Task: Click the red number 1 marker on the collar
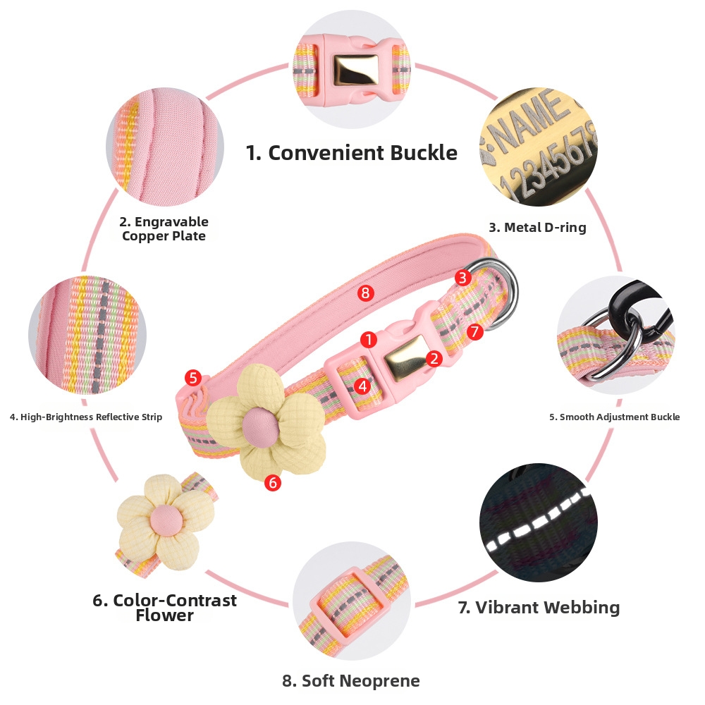tap(369, 340)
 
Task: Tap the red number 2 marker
tap(434, 358)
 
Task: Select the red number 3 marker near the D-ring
tap(462, 278)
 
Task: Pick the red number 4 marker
tap(362, 386)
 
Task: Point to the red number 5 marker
tap(193, 378)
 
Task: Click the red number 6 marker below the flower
tap(273, 483)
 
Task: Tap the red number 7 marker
tap(474, 332)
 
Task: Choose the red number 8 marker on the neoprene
tap(365, 293)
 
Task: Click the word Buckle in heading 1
tap(424, 153)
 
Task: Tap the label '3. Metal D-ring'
tap(537, 228)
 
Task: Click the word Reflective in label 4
tap(118, 417)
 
